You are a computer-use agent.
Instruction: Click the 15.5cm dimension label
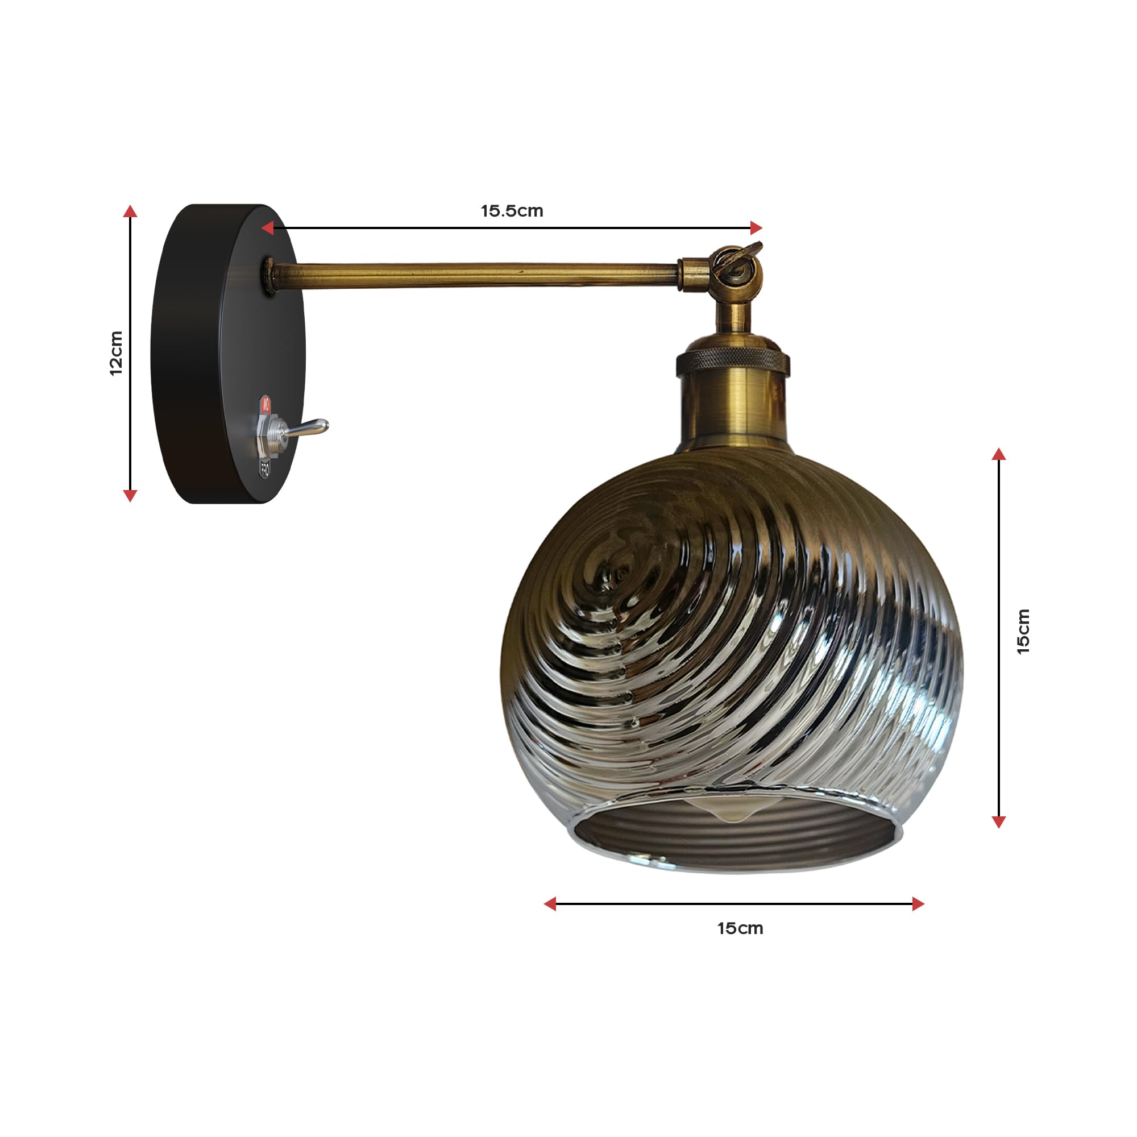(512, 211)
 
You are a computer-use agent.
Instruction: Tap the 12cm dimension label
(117, 353)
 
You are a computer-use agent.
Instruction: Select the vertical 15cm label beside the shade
(1023, 632)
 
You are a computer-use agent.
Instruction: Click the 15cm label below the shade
(740, 928)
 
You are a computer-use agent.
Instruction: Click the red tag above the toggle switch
(266, 405)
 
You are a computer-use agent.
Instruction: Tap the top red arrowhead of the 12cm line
(130, 211)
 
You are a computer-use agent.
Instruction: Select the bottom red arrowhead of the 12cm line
(130, 496)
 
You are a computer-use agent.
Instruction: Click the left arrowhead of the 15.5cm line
(268, 228)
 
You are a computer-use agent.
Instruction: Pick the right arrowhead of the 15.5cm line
(756, 228)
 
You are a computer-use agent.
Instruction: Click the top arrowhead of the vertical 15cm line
(999, 454)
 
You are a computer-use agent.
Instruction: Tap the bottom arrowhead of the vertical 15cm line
(999, 821)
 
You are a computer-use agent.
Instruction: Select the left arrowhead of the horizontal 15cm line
(550, 904)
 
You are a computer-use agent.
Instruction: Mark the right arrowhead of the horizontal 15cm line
(918, 904)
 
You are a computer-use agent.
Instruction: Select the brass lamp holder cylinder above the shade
(733, 406)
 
